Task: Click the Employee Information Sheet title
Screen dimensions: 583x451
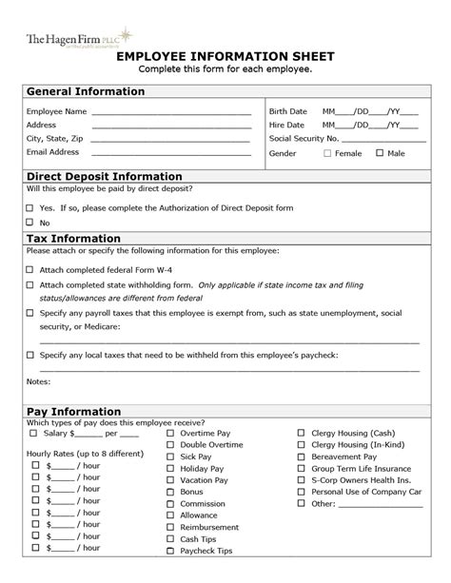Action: tap(225, 57)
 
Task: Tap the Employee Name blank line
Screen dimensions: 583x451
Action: tap(171, 112)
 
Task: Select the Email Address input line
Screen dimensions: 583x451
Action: tap(171, 152)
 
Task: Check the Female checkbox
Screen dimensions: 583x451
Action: tap(327, 153)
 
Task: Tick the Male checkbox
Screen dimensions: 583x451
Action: tap(380, 153)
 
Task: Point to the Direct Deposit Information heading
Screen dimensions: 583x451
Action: tap(104, 177)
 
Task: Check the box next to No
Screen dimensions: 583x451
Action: tap(29, 223)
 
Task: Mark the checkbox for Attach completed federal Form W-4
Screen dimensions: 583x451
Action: tap(29, 270)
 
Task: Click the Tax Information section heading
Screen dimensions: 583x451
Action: tap(73, 238)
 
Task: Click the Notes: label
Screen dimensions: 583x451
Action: tap(39, 381)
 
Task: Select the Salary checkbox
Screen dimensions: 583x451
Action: tap(34, 434)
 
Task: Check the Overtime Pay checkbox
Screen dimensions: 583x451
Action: tap(170, 434)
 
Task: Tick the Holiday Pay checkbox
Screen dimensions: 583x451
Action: tap(170, 469)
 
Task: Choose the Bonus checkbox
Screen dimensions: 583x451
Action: tap(170, 493)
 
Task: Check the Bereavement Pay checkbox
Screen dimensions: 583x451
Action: tap(302, 457)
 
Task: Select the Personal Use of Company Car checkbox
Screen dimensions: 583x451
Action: tap(302, 493)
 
